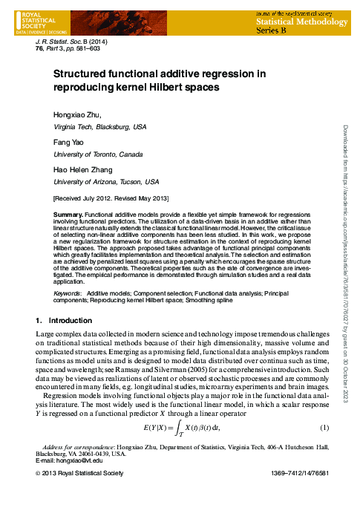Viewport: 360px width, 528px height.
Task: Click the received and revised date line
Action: pyautogui.click(x=111, y=199)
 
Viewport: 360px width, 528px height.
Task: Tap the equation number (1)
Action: pyautogui.click(x=324, y=428)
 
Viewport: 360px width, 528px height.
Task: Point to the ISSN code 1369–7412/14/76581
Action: pyautogui.click(x=293, y=474)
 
